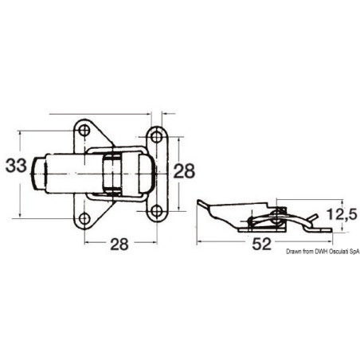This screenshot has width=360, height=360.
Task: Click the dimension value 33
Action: coord(16,166)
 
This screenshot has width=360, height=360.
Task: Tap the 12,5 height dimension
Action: coord(342,214)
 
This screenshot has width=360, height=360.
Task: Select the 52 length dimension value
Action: coord(262,244)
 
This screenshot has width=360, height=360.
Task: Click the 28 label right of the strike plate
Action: coord(184,171)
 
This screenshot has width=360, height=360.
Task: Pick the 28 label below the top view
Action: coord(119,244)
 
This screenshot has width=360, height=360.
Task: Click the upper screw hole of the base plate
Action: coord(84,131)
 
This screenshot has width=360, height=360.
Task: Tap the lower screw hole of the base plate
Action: coord(84,218)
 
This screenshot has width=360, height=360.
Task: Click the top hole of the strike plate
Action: coord(157,137)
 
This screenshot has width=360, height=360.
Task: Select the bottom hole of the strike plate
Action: coord(157,211)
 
